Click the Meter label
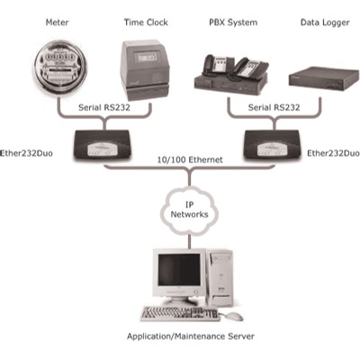pyautogui.click(x=57, y=22)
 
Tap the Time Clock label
pyautogui.click(x=146, y=22)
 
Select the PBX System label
pyautogui.click(x=233, y=22)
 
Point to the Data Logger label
pyautogui.click(x=325, y=22)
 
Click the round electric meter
pyautogui.click(x=59, y=69)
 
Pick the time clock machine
pyautogui.click(x=145, y=70)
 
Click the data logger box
pyautogui.click(x=324, y=79)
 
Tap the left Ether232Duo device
pyautogui.click(x=102, y=144)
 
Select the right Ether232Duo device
pyautogui.click(x=272, y=144)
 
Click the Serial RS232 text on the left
pyautogui.click(x=104, y=107)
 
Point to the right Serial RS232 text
pyautogui.click(x=274, y=107)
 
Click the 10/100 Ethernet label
pyautogui.click(x=190, y=159)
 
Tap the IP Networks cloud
pyautogui.click(x=189, y=210)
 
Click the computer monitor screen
pyautogui.click(x=179, y=269)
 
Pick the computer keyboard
pyautogui.click(x=180, y=313)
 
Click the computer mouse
pyautogui.click(x=232, y=316)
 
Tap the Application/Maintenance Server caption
pyautogui.click(x=191, y=336)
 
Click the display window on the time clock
pyautogui.click(x=145, y=57)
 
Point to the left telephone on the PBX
pyautogui.click(x=214, y=66)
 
